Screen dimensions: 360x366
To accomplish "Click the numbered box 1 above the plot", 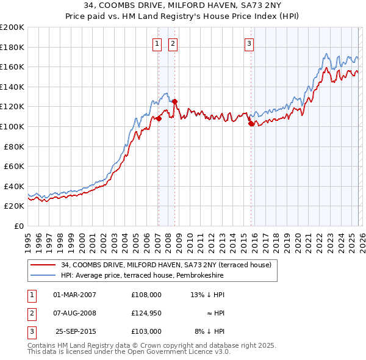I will click(x=157, y=43).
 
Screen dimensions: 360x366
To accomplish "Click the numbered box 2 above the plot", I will click(x=173, y=43).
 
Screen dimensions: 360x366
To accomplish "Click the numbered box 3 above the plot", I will click(x=249, y=43).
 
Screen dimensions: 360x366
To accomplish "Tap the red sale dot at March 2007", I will click(x=159, y=118).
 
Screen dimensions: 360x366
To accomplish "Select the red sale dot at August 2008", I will click(x=174, y=101).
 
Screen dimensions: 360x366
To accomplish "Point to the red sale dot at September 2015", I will click(x=251, y=123).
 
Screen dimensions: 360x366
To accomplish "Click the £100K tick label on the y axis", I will click(x=12, y=126).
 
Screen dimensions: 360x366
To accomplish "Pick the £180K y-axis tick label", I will click(x=12, y=47).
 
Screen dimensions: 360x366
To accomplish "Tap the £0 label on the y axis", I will click(x=18, y=226).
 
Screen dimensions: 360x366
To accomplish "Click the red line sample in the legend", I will click(x=43, y=265).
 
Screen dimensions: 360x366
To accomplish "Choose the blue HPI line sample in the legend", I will click(x=43, y=276).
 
